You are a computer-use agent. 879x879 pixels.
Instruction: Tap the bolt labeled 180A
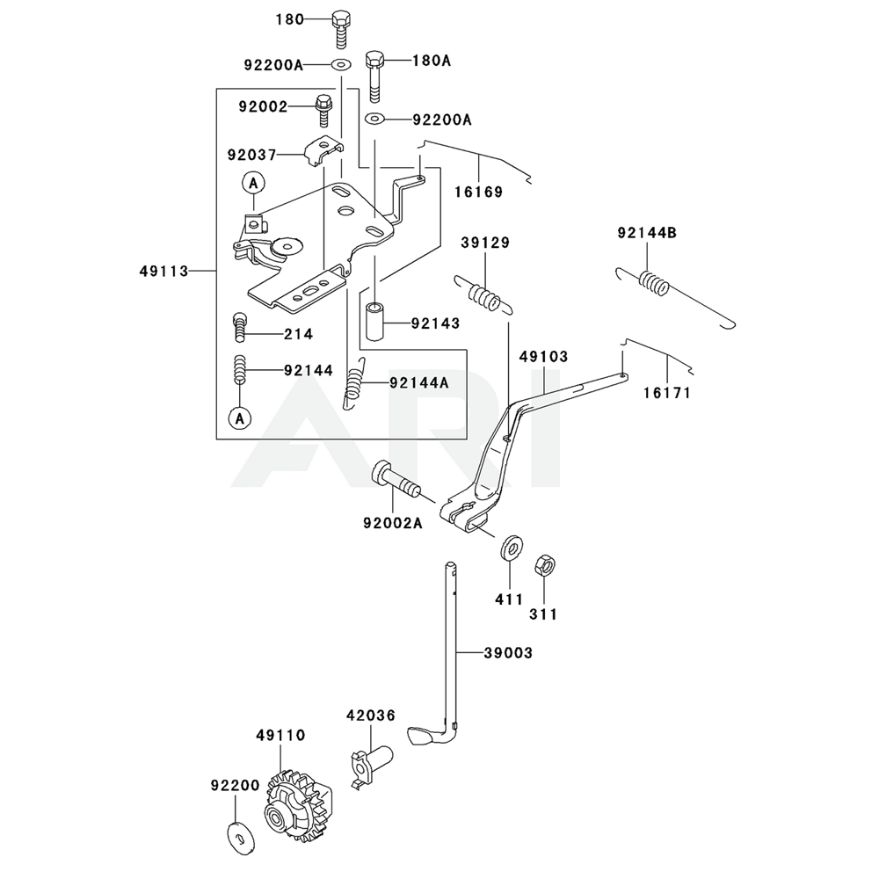coord(374,74)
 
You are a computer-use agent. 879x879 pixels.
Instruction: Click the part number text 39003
coord(507,653)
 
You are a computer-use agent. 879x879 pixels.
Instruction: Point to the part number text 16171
coord(667,393)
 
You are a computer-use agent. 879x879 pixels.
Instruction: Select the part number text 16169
coord(479,192)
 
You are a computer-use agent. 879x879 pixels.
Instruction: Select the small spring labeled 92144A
coord(355,383)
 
